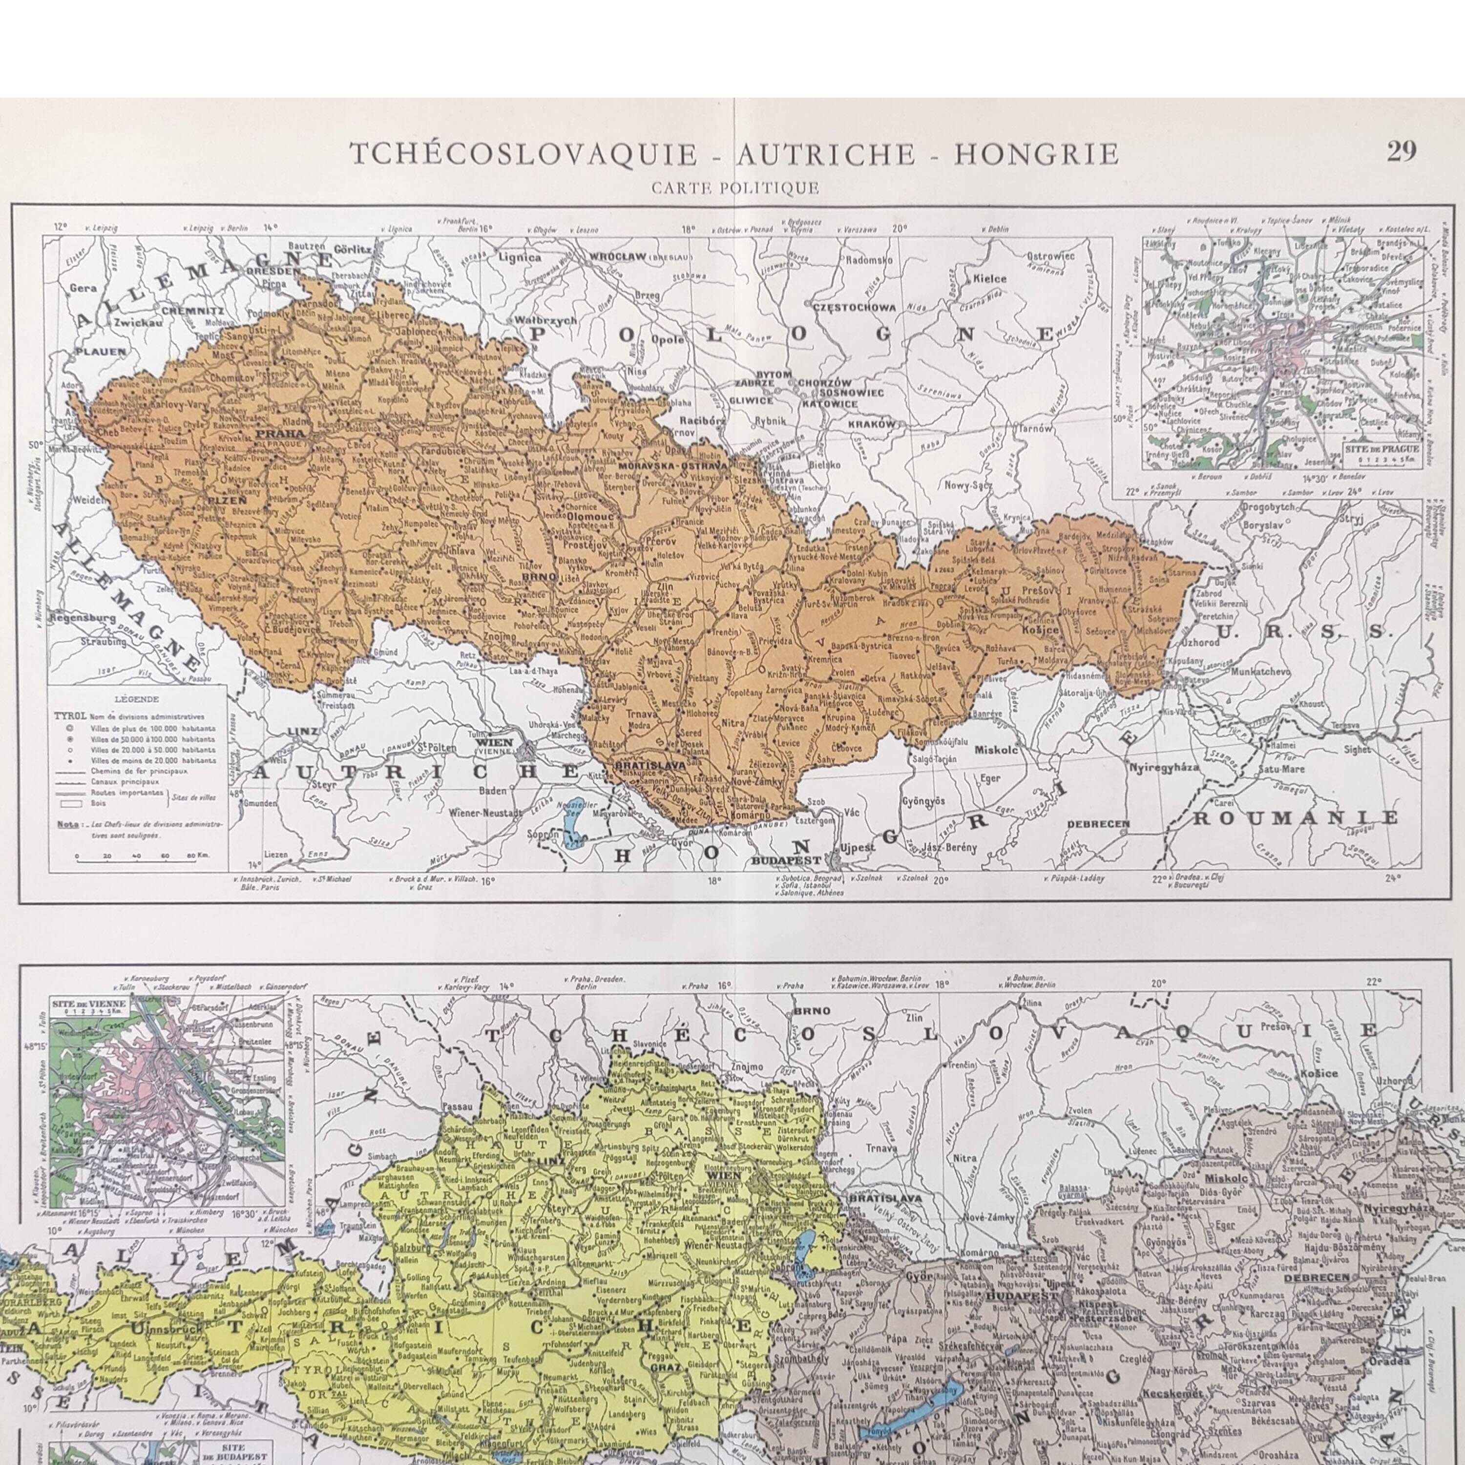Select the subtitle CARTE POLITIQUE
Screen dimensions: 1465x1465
735,188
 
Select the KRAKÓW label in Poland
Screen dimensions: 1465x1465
872,425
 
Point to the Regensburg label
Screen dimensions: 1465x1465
82,618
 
